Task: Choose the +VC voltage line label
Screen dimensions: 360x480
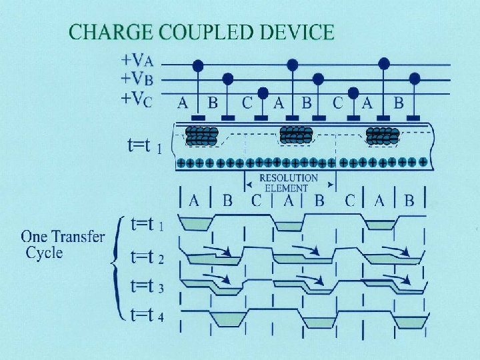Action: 135,99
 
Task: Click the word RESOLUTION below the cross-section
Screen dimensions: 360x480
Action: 289,179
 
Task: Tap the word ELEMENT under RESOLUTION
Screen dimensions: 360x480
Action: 287,188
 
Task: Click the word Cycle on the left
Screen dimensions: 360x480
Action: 44,253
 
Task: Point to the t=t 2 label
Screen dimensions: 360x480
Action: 147,256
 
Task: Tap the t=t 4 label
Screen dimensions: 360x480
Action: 147,313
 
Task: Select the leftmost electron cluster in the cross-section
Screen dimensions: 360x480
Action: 201,136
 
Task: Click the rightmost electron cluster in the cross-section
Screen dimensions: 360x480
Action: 383,136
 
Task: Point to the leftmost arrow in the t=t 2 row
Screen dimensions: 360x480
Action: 217,251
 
